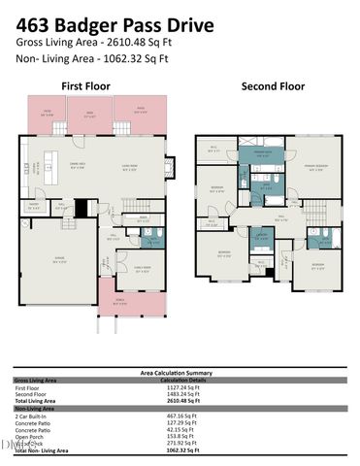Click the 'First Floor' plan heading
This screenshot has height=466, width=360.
[85, 86]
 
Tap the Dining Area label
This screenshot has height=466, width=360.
[73, 165]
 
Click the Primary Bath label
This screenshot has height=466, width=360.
[262, 153]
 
